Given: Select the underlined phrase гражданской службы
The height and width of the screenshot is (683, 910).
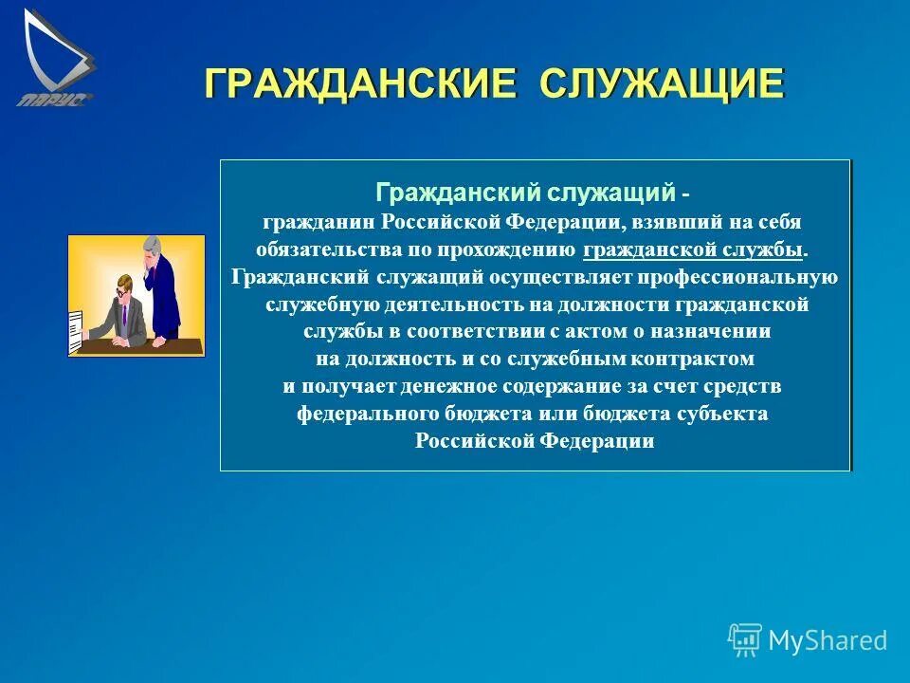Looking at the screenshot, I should pos(693,250).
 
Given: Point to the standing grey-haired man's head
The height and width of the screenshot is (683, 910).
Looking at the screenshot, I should pos(153,249).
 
